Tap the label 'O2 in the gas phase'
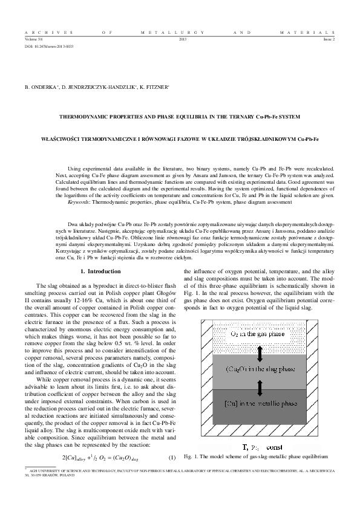pos(260,316)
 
